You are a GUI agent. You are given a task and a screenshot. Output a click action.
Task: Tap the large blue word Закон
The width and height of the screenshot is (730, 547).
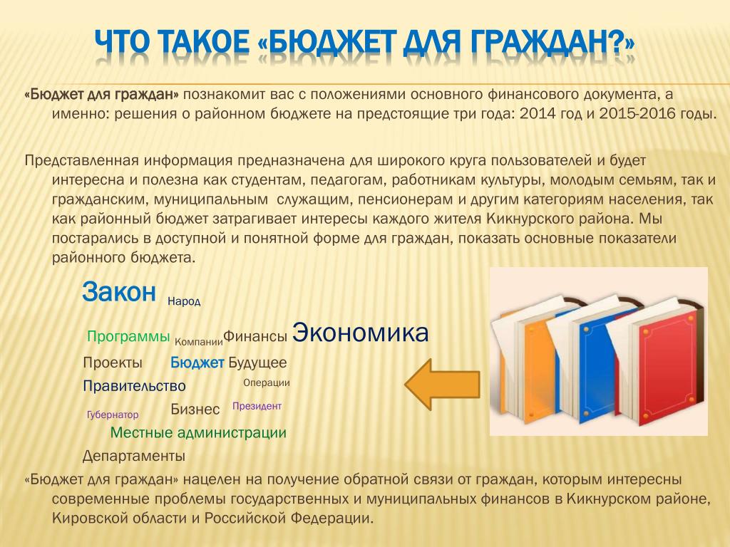(119, 292)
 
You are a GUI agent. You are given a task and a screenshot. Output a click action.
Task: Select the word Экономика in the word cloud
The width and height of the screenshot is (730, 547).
(360, 333)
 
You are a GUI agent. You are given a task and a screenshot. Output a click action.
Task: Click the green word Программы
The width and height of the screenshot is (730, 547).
(128, 336)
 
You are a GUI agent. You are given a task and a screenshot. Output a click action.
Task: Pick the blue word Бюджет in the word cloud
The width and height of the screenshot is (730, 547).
(197, 363)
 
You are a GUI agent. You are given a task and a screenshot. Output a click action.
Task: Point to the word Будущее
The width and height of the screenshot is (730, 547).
(257, 363)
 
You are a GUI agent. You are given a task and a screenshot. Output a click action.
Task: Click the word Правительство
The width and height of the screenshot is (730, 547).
(134, 386)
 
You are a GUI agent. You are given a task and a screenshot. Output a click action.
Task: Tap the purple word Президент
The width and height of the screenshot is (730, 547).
(257, 406)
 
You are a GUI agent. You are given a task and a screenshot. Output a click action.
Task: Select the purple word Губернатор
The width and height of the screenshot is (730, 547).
(113, 415)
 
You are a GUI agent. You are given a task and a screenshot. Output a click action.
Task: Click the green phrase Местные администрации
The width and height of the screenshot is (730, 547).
(198, 432)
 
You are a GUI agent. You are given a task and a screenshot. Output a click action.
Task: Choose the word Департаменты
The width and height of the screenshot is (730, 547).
(133, 457)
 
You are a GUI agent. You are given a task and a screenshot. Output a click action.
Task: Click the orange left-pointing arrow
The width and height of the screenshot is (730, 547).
(442, 385)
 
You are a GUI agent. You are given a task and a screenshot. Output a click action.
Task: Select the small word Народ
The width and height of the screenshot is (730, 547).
(184, 301)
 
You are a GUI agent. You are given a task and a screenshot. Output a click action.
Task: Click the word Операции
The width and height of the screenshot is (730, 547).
(267, 382)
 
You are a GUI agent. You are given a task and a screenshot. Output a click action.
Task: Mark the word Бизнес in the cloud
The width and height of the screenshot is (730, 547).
(195, 410)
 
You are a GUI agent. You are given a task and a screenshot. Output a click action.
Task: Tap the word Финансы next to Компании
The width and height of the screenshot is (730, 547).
(255, 336)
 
